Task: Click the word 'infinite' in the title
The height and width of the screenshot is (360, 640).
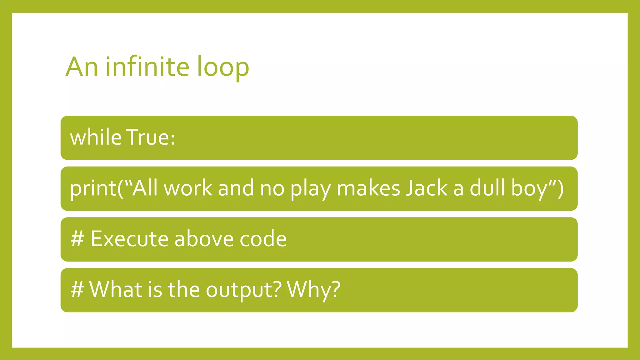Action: (147, 67)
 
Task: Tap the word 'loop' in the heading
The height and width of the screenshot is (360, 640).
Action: (223, 67)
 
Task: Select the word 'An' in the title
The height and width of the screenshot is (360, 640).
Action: (82, 67)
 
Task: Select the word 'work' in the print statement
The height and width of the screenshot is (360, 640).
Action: (188, 188)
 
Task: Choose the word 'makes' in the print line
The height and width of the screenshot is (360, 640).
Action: (368, 188)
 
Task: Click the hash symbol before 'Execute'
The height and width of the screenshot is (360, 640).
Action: (77, 239)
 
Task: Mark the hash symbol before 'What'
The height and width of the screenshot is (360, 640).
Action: (77, 290)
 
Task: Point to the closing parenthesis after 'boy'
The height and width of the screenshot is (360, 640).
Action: (560, 188)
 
